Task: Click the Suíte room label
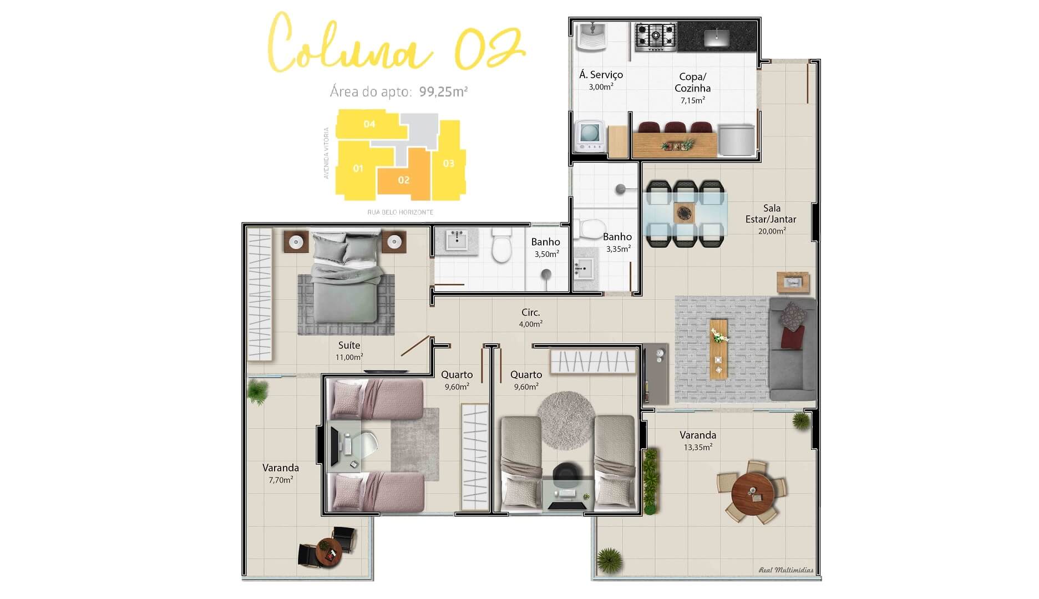click(349, 346)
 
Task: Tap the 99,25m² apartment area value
click(443, 92)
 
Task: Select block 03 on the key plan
click(448, 163)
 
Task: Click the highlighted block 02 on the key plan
click(403, 180)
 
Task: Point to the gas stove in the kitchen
click(655, 37)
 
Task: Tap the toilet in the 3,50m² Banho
click(502, 246)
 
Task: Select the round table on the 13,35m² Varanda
click(752, 491)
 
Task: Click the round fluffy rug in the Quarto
click(566, 419)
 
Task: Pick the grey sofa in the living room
click(792, 349)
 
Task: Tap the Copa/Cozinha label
click(692, 83)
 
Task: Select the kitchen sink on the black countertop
click(717, 37)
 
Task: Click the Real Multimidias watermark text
click(785, 570)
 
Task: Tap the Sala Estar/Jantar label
click(771, 214)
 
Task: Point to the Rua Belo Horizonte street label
click(400, 212)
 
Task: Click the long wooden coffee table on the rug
click(718, 348)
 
